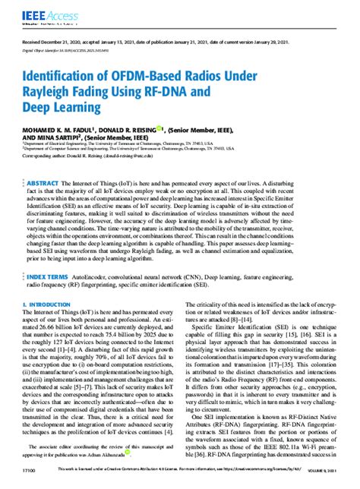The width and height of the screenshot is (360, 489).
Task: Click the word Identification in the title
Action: pyautogui.click(x=68, y=77)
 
